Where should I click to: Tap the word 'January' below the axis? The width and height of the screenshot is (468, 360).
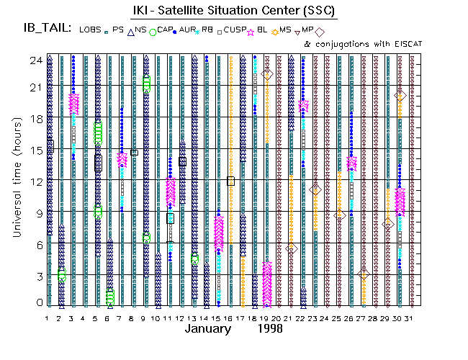coord(209,328)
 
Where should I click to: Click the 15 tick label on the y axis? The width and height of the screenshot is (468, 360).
coord(33,149)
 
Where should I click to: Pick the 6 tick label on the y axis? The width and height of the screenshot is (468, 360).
coord(36,243)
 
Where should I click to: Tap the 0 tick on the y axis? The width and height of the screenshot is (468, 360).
coord(36,303)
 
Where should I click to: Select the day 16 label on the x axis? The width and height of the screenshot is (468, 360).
coord(230,318)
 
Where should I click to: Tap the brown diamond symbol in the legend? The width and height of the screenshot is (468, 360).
coord(320,32)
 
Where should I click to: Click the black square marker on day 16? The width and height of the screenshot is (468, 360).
coord(231,181)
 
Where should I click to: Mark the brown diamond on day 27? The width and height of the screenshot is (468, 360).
coord(364,274)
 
